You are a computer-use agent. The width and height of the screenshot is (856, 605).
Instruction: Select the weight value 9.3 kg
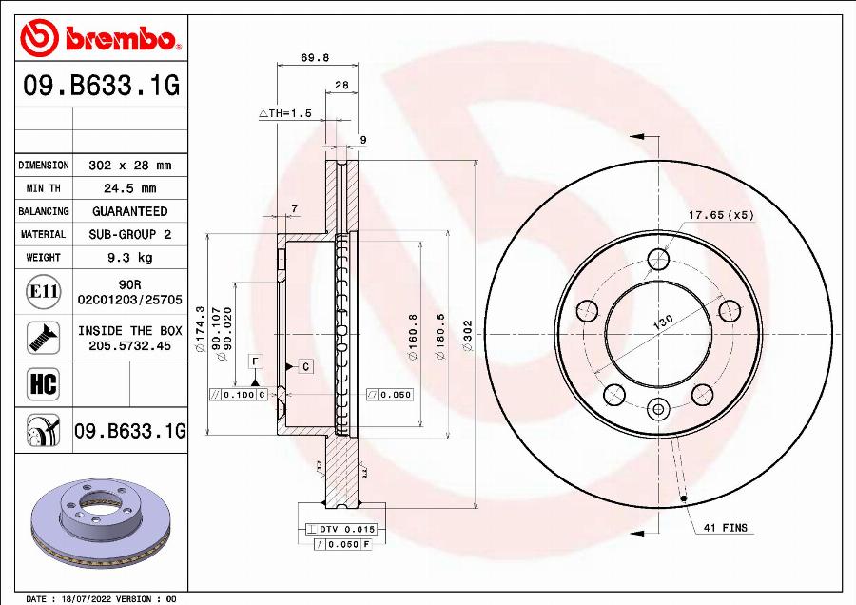pyautogui.click(x=130, y=257)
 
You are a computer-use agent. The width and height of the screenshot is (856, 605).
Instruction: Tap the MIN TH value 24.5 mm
pyautogui.click(x=130, y=188)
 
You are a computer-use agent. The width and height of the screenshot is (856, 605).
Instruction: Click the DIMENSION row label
pyautogui.click(x=44, y=165)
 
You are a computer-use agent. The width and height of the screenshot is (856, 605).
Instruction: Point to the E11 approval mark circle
pyautogui.click(x=43, y=292)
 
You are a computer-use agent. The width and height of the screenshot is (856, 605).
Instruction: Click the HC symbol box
pyautogui.click(x=43, y=384)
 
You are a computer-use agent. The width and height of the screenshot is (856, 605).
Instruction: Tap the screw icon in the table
pyautogui.click(x=43, y=338)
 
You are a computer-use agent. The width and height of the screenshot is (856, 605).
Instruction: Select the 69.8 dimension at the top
pyautogui.click(x=315, y=57)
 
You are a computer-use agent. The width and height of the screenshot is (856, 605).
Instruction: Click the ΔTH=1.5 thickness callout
pyautogui.click(x=285, y=113)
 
